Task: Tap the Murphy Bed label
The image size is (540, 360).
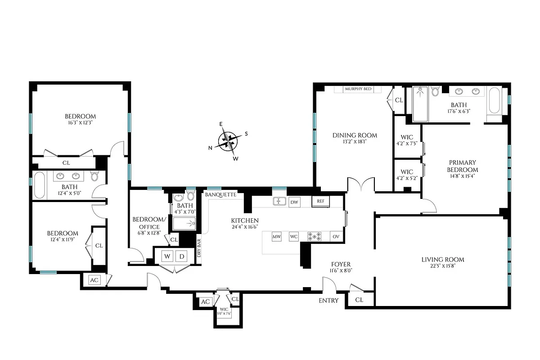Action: pyautogui.click(x=358, y=89)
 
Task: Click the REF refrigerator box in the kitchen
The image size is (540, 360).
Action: pyautogui.click(x=320, y=202)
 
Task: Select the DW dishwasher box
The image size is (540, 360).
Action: pyautogui.click(x=294, y=202)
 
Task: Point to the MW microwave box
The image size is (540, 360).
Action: pyautogui.click(x=276, y=237)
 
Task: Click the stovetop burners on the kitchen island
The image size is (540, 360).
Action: pyautogui.click(x=314, y=237)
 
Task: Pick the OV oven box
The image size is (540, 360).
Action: pyautogui.click(x=336, y=237)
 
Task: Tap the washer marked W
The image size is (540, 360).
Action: pyautogui.click(x=167, y=256)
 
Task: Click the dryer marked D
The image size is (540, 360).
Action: pyautogui.click(x=181, y=256)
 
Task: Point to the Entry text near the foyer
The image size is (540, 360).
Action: pyautogui.click(x=328, y=301)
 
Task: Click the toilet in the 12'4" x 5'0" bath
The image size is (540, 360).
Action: pyautogui.click(x=94, y=176)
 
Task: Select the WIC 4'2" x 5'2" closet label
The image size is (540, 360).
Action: pyautogui.click(x=407, y=175)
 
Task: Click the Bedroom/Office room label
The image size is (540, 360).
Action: pyautogui.click(x=146, y=223)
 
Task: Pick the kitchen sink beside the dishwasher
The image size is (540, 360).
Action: pyautogui.click(x=279, y=202)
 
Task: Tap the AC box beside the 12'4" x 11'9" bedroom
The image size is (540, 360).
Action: pyautogui.click(x=94, y=280)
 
